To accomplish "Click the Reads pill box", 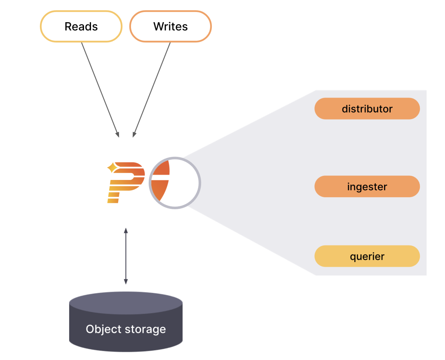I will tap(81, 26).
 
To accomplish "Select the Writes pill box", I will tap(170, 26).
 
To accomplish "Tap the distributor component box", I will tap(367, 109).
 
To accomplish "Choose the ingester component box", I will tap(367, 187).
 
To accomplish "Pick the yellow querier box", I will tap(367, 256).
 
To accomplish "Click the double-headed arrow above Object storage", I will tap(126, 256).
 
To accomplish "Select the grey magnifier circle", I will tap(175, 182).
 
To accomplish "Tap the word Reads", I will tap(81, 26).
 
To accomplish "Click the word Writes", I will tap(170, 26).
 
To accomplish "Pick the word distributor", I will tap(367, 109).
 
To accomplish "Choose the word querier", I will tap(367, 256).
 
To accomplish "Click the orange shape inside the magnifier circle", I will tap(160, 181).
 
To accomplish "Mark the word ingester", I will tap(367, 187).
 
